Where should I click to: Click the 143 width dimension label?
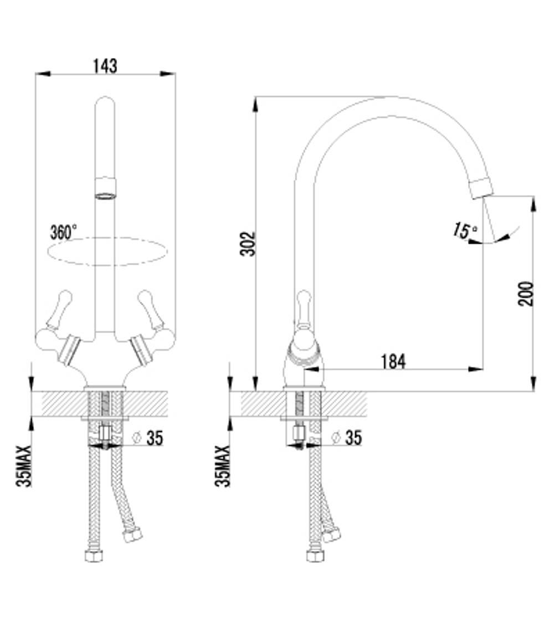tap(105, 65)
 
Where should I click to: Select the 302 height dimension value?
tap(250, 244)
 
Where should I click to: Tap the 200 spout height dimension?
tap(527, 294)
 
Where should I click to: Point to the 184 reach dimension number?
tap(393, 362)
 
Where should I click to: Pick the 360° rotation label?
tap(64, 232)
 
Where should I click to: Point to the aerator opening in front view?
tap(105, 194)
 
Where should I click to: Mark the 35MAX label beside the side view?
tap(223, 466)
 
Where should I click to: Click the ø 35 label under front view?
tap(148, 438)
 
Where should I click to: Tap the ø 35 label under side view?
tap(347, 438)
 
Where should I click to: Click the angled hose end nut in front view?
tap(132, 535)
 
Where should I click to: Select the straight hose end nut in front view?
tap(94, 555)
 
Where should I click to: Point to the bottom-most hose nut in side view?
tap(315, 555)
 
